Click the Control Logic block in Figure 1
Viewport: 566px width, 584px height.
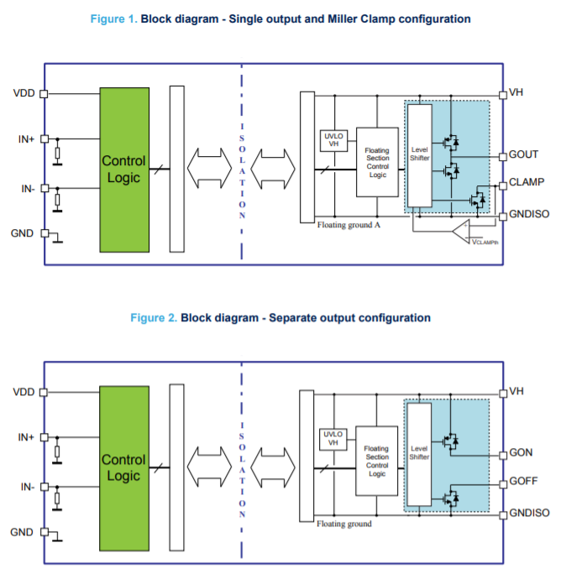coord(123,169)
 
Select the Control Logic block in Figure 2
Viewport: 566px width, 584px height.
coord(123,467)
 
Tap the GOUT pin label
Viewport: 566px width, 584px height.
coord(523,154)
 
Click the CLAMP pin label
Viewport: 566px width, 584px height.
coord(527,182)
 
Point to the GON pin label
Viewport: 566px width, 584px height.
coord(521,453)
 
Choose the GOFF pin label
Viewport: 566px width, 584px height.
coord(523,482)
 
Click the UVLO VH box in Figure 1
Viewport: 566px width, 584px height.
coord(333,141)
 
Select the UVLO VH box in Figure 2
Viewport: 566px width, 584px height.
coord(333,438)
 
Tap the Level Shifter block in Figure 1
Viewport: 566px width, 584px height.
coord(420,156)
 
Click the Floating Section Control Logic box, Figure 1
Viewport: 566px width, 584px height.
coord(377,163)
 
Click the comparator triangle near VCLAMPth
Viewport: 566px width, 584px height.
coord(459,230)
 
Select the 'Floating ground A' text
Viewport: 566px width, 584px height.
coord(349,226)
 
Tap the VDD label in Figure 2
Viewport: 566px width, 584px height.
coord(24,391)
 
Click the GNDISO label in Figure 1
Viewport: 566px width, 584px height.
coord(529,215)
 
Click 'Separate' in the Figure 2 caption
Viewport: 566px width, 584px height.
coord(293,317)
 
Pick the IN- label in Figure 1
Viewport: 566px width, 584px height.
coord(28,189)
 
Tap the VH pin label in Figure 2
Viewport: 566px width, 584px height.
coord(516,391)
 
